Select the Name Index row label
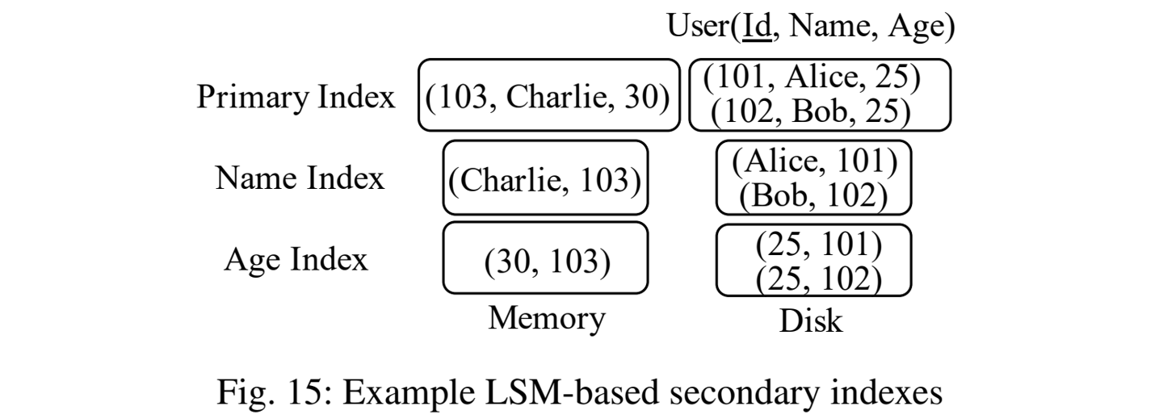[299, 178]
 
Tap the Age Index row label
[296, 260]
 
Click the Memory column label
[546, 319]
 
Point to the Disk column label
[810, 321]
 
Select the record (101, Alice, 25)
[812, 78]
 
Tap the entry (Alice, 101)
[814, 161]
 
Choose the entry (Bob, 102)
[813, 195]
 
